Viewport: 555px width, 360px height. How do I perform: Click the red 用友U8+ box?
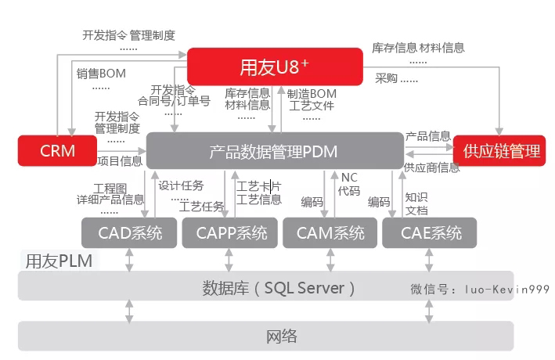275,67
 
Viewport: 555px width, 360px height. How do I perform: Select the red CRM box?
57,151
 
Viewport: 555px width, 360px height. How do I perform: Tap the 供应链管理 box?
499,151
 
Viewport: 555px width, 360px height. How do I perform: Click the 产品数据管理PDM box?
275,151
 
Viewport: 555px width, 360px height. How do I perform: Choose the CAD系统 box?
129,233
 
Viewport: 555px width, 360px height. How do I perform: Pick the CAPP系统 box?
230,233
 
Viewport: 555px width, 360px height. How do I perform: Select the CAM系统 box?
330,233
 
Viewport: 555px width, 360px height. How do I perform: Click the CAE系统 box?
430,233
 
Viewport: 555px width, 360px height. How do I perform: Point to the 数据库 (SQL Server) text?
279,288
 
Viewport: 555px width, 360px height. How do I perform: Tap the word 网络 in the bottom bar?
282,337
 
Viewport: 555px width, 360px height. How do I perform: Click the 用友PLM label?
59,261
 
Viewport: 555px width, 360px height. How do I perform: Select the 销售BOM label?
101,74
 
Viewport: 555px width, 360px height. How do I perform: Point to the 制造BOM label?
312,94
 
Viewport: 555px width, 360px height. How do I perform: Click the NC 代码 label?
349,184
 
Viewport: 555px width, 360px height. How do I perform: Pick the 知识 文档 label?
416,204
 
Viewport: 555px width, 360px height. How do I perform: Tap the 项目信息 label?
120,161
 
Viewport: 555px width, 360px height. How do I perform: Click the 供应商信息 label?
432,167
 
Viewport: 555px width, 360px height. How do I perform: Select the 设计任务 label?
181,185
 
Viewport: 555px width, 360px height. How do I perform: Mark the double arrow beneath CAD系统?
129,260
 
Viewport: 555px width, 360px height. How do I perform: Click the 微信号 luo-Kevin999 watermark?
480,290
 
